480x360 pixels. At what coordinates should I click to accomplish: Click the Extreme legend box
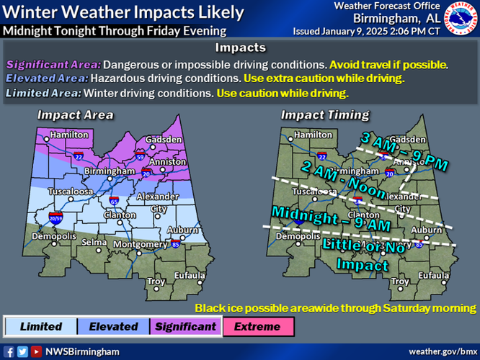257,326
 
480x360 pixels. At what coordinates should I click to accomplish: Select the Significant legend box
185,326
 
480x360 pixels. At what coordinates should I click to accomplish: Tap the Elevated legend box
113,326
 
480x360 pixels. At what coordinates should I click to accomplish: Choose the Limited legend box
41,326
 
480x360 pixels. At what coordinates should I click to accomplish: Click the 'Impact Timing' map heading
324,114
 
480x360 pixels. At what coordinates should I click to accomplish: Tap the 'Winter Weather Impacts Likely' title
123,12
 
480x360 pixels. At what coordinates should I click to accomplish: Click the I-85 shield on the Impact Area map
176,245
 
